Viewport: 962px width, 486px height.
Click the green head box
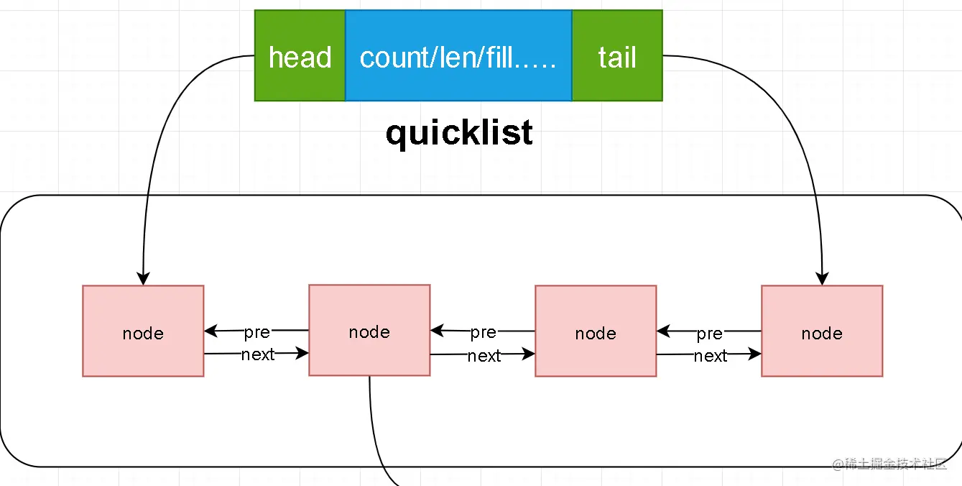(300, 56)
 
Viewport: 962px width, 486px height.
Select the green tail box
(617, 56)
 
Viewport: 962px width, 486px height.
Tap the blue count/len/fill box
(458, 56)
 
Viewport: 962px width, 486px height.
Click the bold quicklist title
(459, 133)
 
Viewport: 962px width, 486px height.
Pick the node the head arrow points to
(143, 331)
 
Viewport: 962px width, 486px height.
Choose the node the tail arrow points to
(822, 331)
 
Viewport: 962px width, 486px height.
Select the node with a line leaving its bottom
(369, 330)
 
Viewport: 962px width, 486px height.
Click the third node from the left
(596, 331)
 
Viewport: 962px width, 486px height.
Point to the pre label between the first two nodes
(256, 332)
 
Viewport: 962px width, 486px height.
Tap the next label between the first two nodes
(258, 354)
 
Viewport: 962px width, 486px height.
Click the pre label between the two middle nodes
(483, 332)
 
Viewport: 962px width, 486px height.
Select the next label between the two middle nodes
(484, 355)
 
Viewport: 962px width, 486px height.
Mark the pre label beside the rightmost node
(709, 334)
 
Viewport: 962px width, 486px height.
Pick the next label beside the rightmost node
(711, 356)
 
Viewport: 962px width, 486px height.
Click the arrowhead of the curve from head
(143, 280)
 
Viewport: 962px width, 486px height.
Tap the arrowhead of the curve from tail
(823, 280)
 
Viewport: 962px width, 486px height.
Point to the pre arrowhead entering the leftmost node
(211, 331)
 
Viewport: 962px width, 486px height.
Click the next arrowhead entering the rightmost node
(755, 354)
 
